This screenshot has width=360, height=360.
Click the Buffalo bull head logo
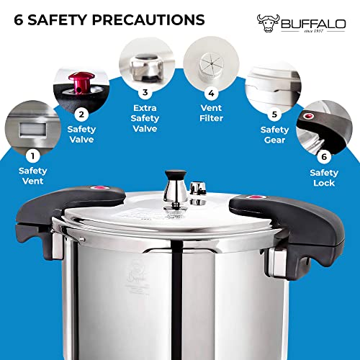tap(270, 22)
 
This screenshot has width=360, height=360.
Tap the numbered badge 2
tap(81, 114)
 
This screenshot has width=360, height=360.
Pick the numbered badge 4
tap(212, 93)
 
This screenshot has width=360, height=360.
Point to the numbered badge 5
tap(274, 114)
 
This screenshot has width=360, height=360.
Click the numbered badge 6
tap(324, 156)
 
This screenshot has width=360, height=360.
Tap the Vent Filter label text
tap(212, 113)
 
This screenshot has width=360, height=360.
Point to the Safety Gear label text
tap(274, 135)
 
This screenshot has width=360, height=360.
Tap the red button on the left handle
tap(94, 189)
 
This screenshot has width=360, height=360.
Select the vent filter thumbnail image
tap(211, 60)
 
